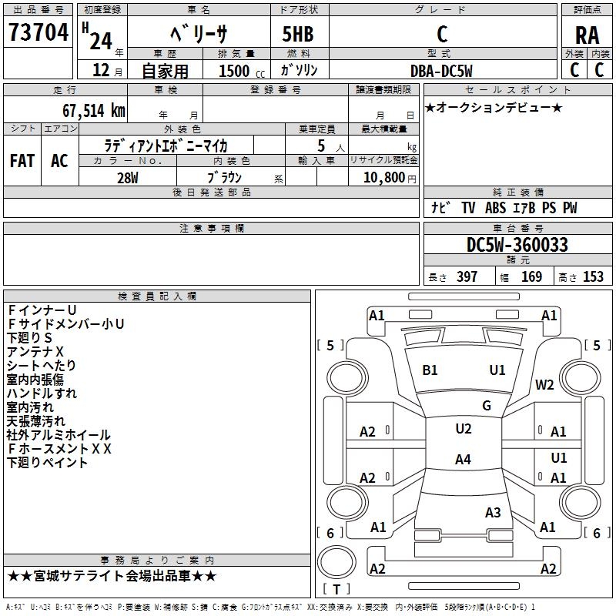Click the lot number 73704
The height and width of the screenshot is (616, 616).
[38, 32]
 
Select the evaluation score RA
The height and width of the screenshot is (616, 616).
[587, 35]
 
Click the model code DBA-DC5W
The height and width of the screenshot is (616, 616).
[442, 70]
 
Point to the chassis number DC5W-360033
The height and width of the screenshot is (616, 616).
[517, 245]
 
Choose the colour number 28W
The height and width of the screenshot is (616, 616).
[128, 177]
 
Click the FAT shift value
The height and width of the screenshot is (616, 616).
[22, 160]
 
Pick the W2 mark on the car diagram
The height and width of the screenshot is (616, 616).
[545, 385]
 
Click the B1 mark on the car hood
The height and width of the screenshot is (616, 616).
[430, 370]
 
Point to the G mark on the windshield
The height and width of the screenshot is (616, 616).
[487, 406]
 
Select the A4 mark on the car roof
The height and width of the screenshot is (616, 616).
[463, 460]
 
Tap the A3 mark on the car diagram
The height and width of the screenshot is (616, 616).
[493, 512]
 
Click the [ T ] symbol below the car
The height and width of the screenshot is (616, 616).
[336, 590]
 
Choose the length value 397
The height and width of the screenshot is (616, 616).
[467, 277]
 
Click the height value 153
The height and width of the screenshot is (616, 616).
[593, 277]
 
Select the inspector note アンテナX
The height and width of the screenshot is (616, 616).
[35, 352]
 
